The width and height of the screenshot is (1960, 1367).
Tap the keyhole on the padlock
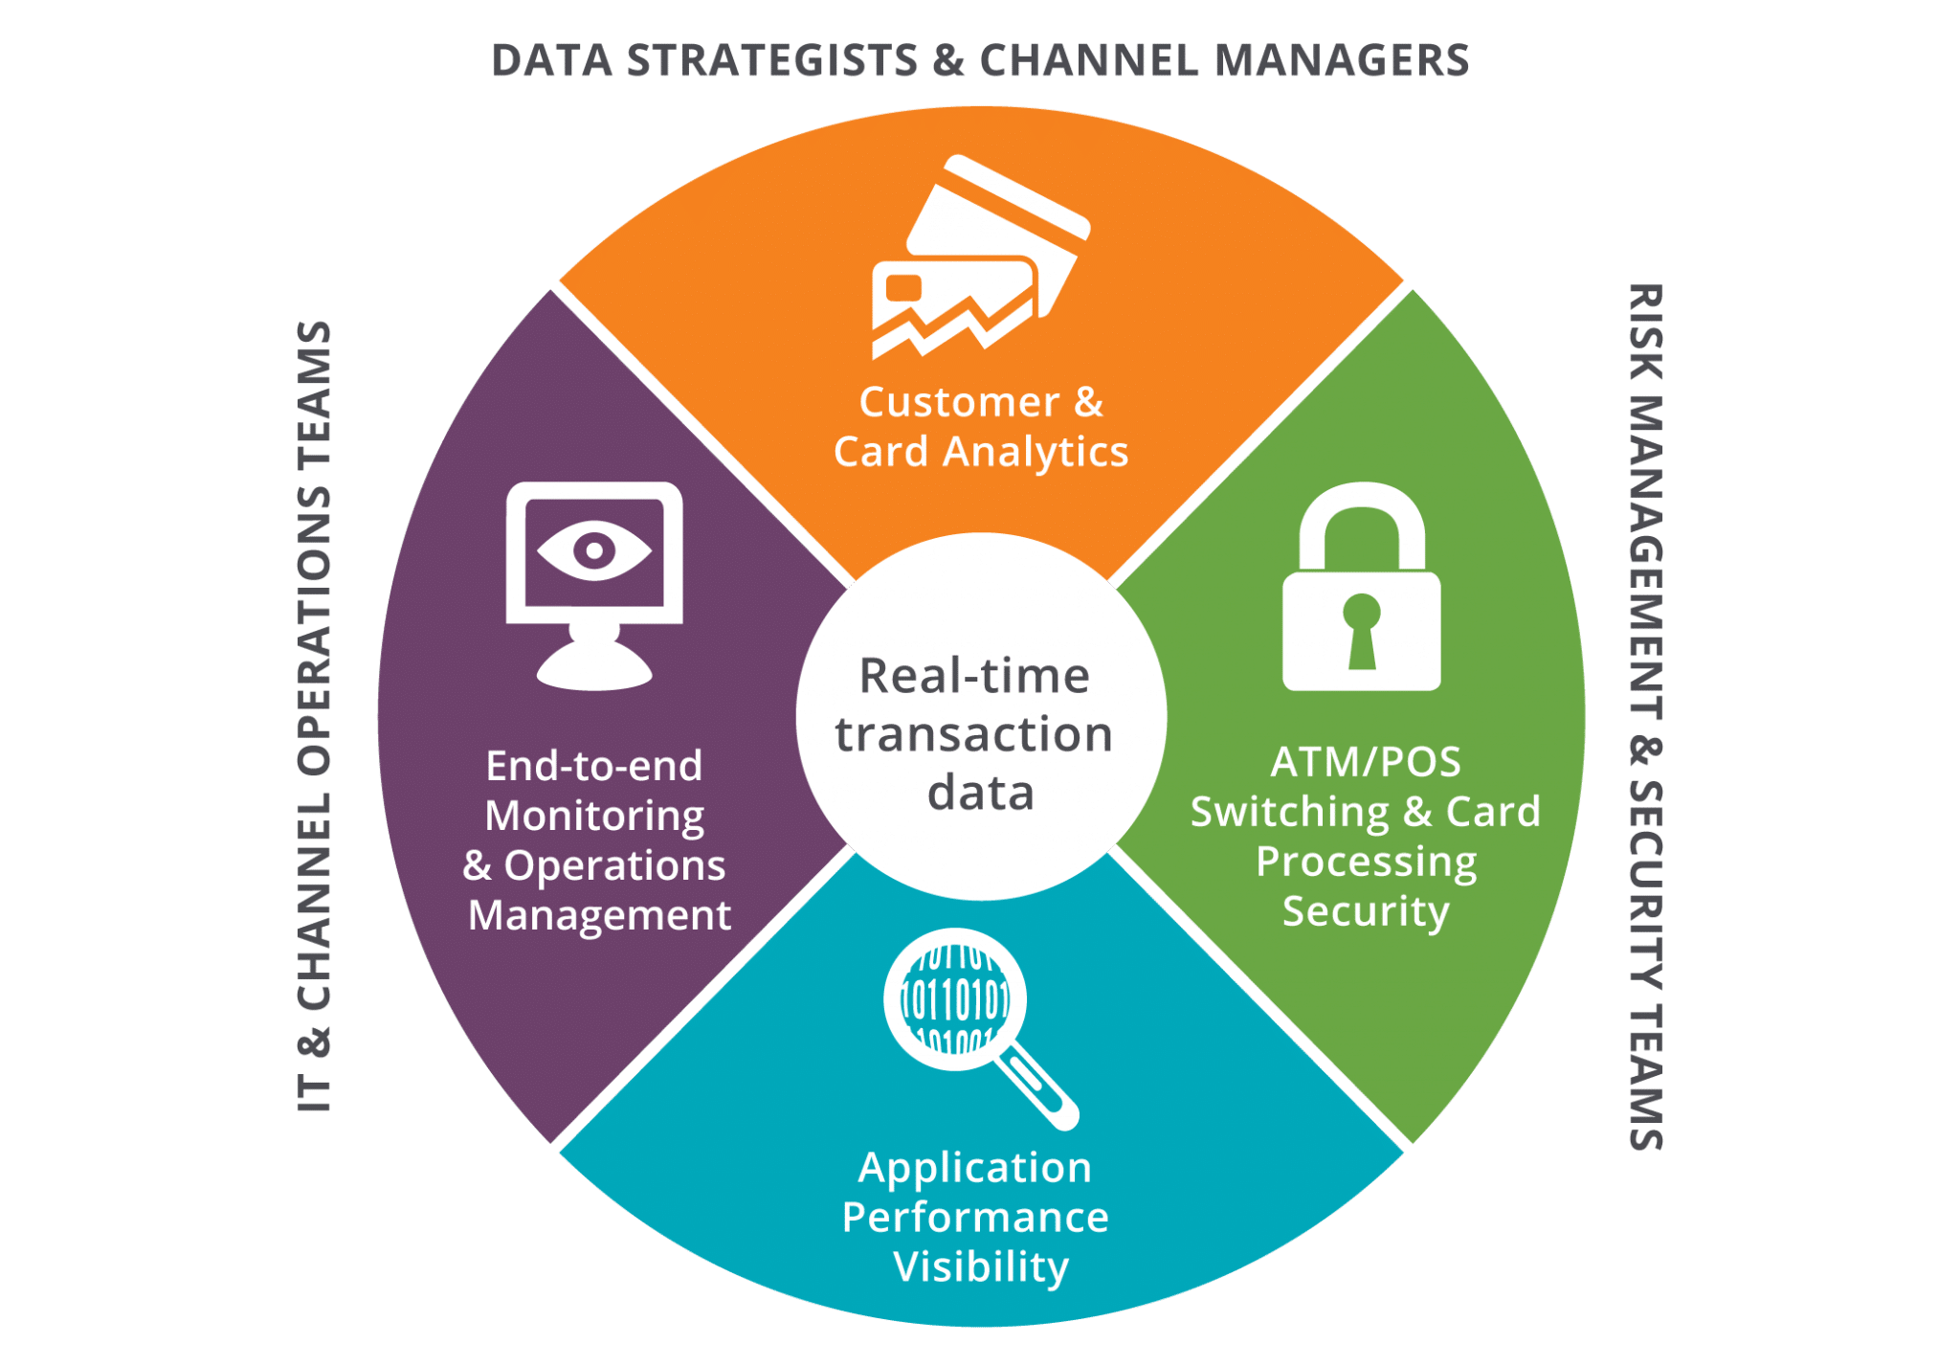tap(1361, 631)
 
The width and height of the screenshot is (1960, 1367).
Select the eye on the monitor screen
tap(594, 550)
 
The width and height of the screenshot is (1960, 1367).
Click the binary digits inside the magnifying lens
tap(955, 1000)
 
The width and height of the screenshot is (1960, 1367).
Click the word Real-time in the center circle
tap(974, 676)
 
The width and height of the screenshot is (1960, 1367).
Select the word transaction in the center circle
tap(974, 734)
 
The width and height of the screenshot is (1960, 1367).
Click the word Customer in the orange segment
tap(959, 402)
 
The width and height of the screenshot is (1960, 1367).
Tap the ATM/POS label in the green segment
tap(1366, 762)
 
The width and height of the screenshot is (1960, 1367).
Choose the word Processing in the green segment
tap(1366, 862)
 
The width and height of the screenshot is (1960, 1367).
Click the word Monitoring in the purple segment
tap(594, 816)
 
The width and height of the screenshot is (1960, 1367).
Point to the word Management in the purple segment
tap(599, 915)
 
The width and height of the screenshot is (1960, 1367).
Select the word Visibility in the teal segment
tap(981, 1266)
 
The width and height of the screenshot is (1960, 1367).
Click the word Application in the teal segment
tap(975, 1167)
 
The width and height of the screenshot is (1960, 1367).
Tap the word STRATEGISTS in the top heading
tap(771, 60)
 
